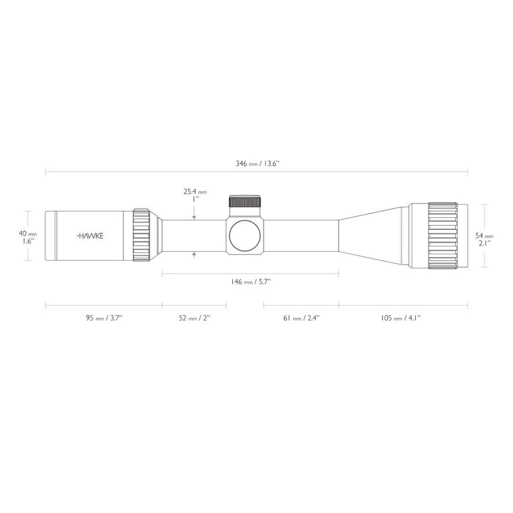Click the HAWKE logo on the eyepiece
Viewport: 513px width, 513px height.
[90, 236]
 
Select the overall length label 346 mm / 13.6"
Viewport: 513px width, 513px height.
[257, 164]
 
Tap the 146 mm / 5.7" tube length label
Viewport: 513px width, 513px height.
[250, 282]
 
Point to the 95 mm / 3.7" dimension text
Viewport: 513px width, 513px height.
[104, 318]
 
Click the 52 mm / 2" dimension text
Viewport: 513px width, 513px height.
[194, 318]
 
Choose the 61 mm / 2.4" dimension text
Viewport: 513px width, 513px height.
[301, 318]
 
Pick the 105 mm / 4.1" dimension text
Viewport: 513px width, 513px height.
[401, 318]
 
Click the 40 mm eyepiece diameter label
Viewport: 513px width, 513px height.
[28, 234]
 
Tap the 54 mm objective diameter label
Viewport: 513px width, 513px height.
[485, 236]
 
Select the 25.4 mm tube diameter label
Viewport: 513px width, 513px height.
[195, 192]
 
